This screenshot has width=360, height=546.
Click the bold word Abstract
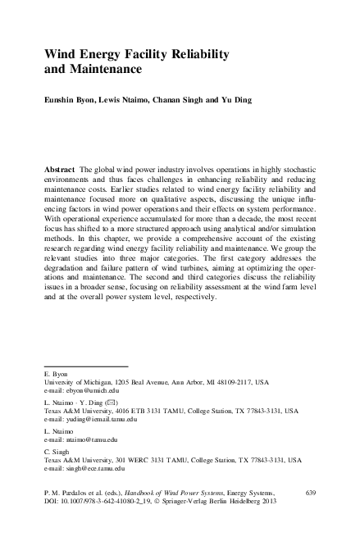(x=62, y=166)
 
